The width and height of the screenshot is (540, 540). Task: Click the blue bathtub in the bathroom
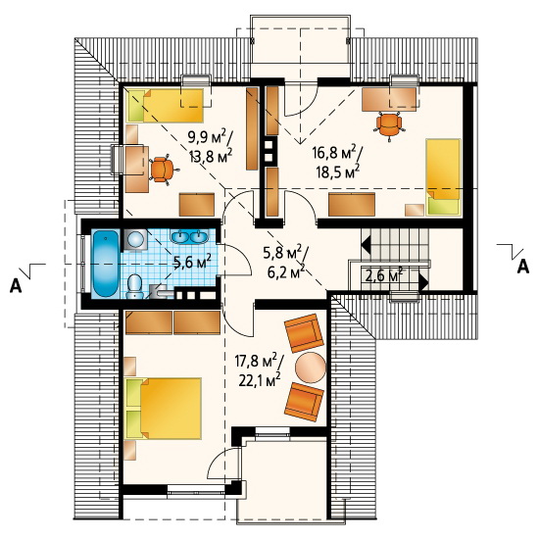tap(106, 264)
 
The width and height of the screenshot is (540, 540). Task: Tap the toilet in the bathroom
tap(135, 286)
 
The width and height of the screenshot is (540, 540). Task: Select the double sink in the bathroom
tap(189, 236)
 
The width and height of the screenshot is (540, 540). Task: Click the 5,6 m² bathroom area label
tap(193, 262)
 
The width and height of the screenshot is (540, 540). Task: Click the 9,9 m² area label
tap(210, 137)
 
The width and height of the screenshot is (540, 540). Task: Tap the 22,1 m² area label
tap(260, 380)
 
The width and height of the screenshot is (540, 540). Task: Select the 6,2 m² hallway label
tap(286, 271)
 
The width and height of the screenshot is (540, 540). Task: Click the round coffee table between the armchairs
tap(311, 368)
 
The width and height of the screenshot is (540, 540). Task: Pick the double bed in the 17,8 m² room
tap(164, 409)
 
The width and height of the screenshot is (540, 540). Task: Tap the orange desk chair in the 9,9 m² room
tap(163, 170)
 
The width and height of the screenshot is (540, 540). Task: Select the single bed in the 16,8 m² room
tap(444, 177)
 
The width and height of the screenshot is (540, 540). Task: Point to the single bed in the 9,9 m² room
tap(166, 106)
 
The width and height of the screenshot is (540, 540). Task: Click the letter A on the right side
tap(522, 267)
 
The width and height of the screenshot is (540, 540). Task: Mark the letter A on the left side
tap(16, 285)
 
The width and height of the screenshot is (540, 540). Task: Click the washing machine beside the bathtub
tap(134, 239)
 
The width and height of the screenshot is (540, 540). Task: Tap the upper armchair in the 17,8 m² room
tap(305, 332)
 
